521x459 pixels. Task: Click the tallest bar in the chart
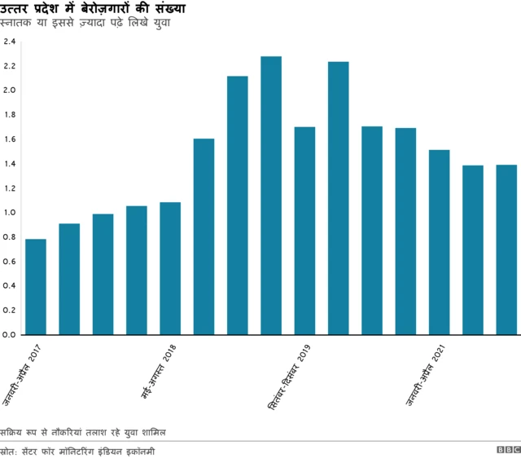click(271, 196)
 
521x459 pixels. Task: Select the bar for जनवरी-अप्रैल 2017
click(36, 287)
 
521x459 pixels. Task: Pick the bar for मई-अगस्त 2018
click(170, 268)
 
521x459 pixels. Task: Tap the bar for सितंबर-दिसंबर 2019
click(304, 231)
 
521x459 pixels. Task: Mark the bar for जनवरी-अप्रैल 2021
click(440, 242)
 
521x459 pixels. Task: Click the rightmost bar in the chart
click(506, 249)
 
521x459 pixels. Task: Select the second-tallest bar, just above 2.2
click(339, 198)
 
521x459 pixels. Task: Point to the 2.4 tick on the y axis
click(9, 42)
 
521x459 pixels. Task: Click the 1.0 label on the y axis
click(9, 213)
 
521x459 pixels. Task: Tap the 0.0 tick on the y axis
click(9, 335)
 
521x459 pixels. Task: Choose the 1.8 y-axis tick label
click(9, 115)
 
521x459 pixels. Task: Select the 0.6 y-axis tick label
click(9, 262)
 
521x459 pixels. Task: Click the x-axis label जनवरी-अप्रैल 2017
click(21, 375)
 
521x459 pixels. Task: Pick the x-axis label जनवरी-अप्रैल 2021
click(426, 375)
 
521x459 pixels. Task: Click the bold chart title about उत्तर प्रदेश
click(93, 9)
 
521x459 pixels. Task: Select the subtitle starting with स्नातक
click(90, 23)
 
